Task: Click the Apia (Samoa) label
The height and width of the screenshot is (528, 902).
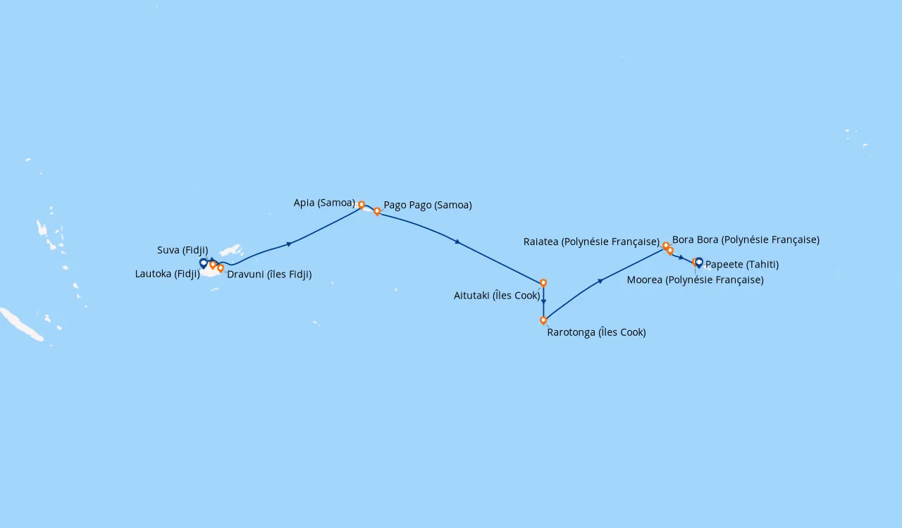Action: (x=324, y=203)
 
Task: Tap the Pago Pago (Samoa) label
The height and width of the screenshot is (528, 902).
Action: (x=428, y=206)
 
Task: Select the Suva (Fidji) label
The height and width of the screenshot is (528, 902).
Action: (x=183, y=251)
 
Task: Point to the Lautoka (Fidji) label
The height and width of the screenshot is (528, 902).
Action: (x=168, y=274)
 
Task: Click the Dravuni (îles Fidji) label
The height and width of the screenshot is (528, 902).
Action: (x=269, y=275)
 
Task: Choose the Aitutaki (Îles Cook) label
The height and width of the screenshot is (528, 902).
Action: (x=497, y=296)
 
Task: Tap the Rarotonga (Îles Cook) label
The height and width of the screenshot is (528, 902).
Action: (x=596, y=332)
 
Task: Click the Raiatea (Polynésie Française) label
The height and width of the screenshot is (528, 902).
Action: (x=591, y=242)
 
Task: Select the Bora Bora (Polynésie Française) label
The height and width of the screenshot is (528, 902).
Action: (x=746, y=240)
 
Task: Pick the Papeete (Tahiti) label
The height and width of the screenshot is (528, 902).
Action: (x=742, y=265)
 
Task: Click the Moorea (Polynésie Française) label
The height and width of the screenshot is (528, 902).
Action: (x=696, y=280)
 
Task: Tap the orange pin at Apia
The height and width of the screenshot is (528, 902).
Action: (x=362, y=205)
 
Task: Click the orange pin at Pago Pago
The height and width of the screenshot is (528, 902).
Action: (x=377, y=211)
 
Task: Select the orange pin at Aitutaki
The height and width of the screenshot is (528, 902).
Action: (x=543, y=283)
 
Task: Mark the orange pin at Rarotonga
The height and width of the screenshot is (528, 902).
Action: (x=543, y=320)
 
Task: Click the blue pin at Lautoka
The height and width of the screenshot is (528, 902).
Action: (x=204, y=263)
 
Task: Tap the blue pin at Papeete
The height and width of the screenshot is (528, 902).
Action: (x=699, y=263)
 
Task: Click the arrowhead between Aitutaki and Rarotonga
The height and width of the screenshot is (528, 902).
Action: (x=543, y=301)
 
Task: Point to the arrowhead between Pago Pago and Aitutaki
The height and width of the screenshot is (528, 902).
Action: (x=457, y=242)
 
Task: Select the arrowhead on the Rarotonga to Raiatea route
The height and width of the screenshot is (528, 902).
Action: (x=600, y=281)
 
